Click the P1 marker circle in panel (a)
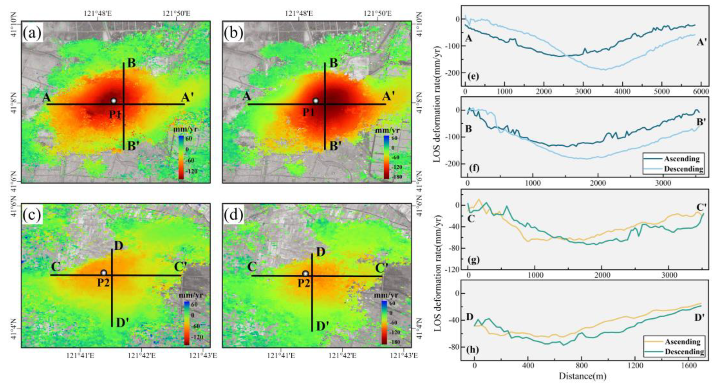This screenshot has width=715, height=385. (x=113, y=101)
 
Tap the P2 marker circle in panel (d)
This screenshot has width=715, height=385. (x=305, y=274)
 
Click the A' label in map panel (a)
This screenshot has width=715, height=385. (x=188, y=97)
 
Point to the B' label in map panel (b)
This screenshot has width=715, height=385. (x=335, y=146)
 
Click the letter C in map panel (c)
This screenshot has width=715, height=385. (x=56, y=267)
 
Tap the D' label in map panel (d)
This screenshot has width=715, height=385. (x=323, y=326)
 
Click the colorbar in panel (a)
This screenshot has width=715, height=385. (x=181, y=157)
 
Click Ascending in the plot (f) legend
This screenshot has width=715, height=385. (x=681, y=159)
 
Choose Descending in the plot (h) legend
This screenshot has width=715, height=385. (x=684, y=352)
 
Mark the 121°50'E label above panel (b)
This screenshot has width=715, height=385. (x=378, y=13)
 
